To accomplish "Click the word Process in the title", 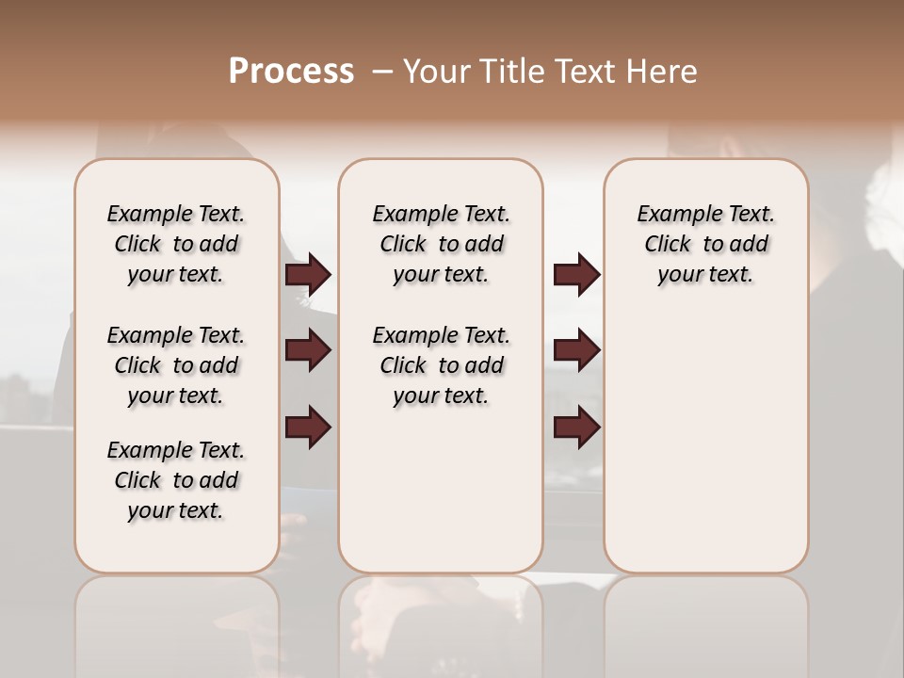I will [x=291, y=72].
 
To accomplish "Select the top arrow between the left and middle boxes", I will [x=308, y=274].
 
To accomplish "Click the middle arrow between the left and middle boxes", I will [x=308, y=350].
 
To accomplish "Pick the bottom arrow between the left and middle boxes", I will [x=308, y=428].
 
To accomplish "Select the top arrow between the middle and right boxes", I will [x=576, y=274].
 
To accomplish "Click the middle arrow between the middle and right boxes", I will [x=576, y=350].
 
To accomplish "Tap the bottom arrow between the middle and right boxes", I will [x=576, y=428].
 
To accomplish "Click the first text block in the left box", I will [x=176, y=244].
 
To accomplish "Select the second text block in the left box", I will [x=176, y=365].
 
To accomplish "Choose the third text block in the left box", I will [x=176, y=480].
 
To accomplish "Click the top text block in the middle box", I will [x=441, y=244].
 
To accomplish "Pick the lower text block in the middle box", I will [x=441, y=365].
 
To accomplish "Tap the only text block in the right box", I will [x=705, y=244].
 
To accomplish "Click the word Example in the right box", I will [x=672, y=214].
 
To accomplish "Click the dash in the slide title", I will [x=382, y=72].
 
